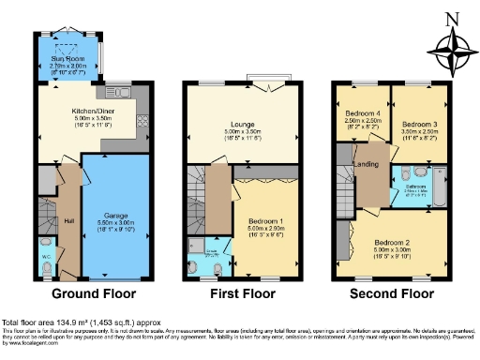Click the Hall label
(x=69, y=221)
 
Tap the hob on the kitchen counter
(x=142, y=121)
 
